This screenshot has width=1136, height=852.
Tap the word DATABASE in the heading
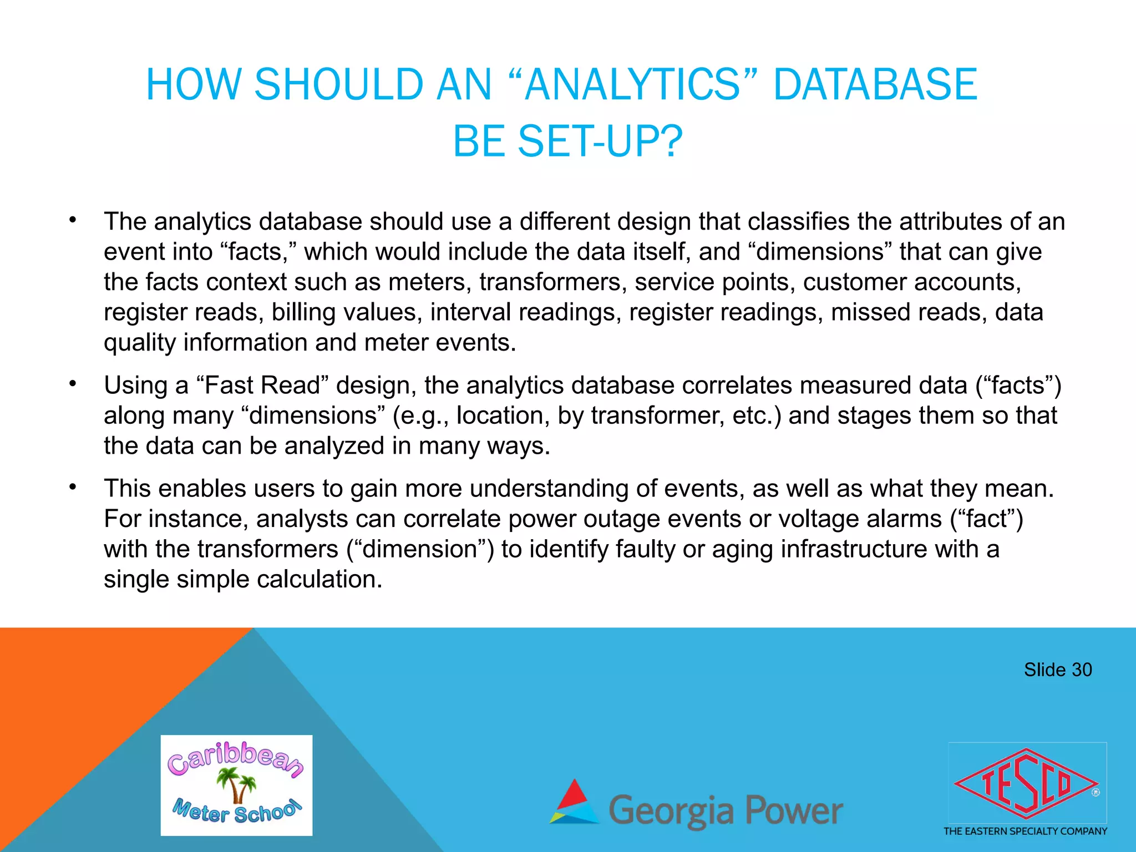pos(875,84)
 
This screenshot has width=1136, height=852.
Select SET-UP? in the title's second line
pos(600,141)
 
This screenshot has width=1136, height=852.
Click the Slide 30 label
pos(1057,670)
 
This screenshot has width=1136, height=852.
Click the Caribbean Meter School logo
pos(236,785)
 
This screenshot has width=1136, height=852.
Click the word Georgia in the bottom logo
pos(672,811)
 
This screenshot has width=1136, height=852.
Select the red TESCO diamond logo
pos(1026,784)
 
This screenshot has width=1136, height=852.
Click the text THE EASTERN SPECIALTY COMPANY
pos(1025,831)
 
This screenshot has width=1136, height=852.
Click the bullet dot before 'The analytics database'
pos(73,220)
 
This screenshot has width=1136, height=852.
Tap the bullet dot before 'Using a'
pos(73,384)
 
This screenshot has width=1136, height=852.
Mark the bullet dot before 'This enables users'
pos(73,487)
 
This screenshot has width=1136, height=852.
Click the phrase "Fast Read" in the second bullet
pos(262,386)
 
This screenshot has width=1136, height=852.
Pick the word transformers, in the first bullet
pos(553,282)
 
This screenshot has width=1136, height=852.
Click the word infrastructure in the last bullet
pos(853,549)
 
